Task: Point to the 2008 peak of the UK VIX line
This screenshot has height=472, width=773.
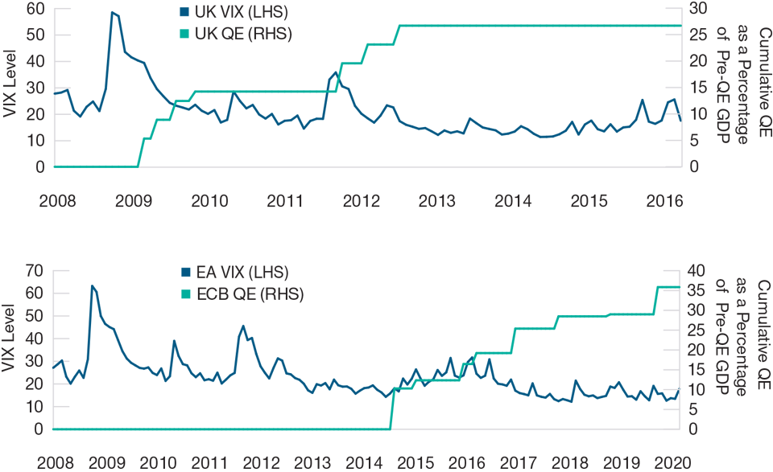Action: [x=112, y=12]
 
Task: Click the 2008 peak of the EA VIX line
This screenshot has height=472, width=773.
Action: [x=92, y=285]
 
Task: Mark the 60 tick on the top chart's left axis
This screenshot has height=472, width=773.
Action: [x=34, y=8]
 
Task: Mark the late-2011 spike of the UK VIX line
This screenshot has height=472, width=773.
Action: [x=336, y=72]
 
